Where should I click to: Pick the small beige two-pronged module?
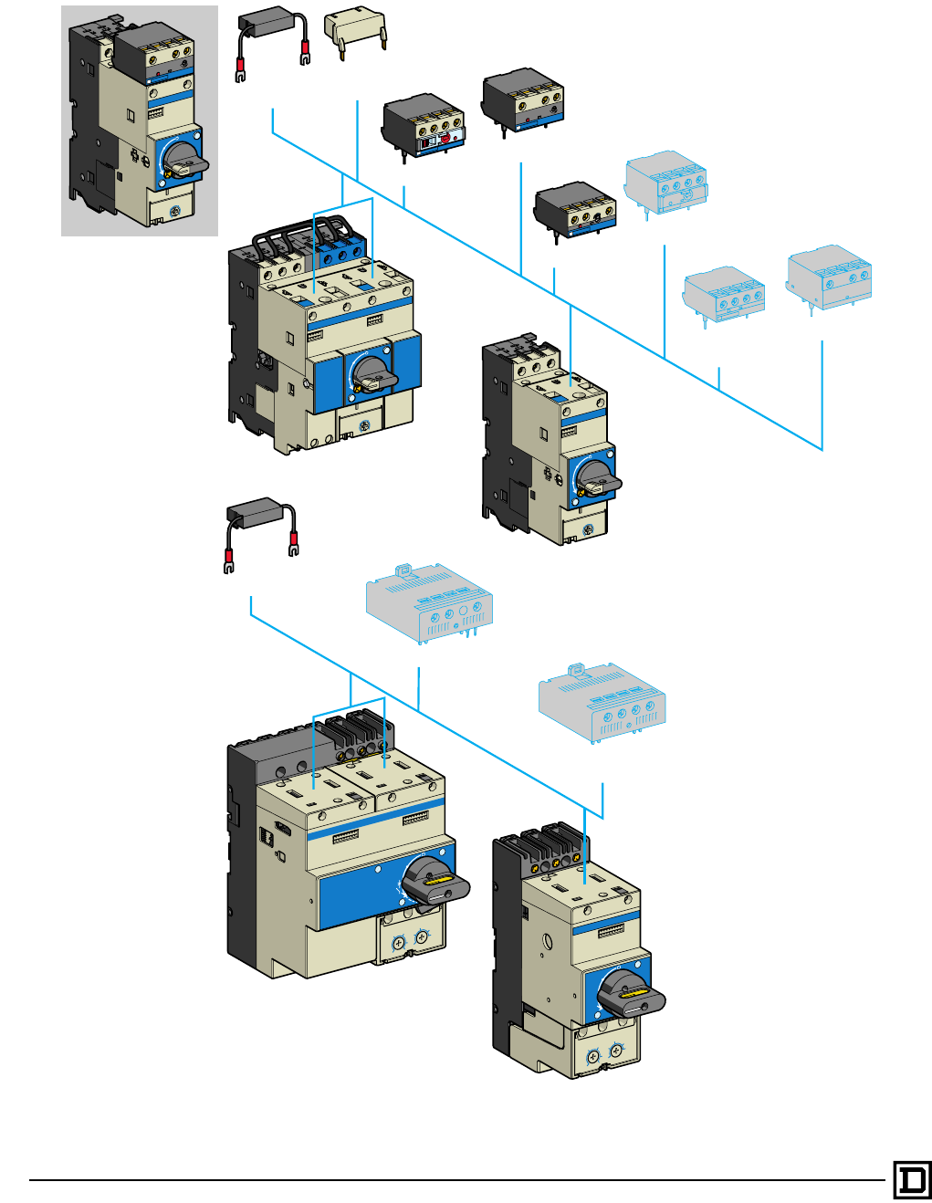tap(356, 32)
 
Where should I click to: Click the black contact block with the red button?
tap(424, 127)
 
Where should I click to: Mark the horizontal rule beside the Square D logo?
tap(456, 1179)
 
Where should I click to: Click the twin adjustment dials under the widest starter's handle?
tap(410, 940)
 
